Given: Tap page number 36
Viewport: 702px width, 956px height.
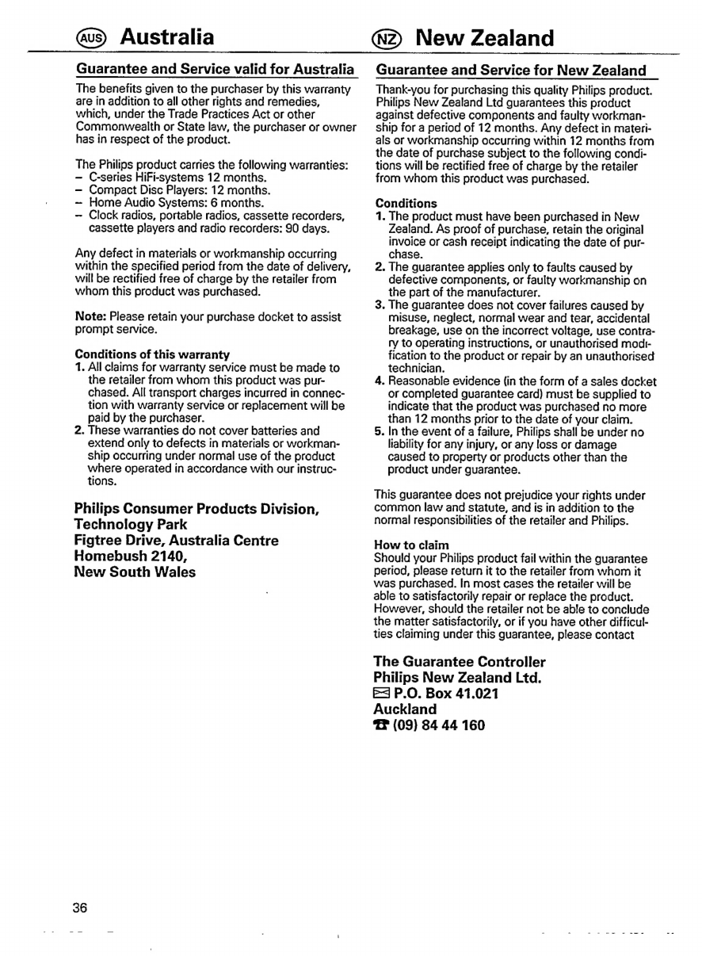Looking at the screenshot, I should pyautogui.click(x=81, y=906).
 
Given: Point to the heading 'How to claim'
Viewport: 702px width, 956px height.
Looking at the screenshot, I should pyautogui.click(x=412, y=545).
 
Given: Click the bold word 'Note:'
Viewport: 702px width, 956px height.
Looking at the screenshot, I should pyautogui.click(x=92, y=317).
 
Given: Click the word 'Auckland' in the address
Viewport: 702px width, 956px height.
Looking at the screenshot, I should pyautogui.click(x=404, y=709).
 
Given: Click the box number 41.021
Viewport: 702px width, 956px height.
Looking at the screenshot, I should pyautogui.click(x=471, y=694).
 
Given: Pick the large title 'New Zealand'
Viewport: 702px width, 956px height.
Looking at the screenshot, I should pyautogui.click(x=484, y=36).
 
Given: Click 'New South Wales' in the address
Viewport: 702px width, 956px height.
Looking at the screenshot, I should pyautogui.click(x=135, y=572).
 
